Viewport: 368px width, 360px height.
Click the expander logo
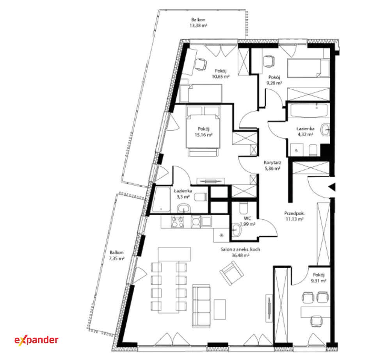36,340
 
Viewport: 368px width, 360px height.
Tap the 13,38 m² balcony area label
198,25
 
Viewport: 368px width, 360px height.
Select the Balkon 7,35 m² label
117,255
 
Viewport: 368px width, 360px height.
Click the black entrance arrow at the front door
332,187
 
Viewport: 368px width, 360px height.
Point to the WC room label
247,218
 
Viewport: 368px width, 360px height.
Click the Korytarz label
272,162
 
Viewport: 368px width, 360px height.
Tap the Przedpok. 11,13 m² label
295,216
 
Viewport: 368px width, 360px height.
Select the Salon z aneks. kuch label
240,250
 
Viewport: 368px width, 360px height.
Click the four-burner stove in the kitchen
178,222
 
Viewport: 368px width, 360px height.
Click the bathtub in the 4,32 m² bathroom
309,110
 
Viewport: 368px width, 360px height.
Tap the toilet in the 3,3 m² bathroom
201,197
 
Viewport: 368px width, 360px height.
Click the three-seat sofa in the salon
201,306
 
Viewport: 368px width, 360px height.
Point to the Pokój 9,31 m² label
318,278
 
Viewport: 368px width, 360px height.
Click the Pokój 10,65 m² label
220,73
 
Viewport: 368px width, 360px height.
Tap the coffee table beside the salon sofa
220,309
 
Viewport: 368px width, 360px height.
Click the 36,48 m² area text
240,255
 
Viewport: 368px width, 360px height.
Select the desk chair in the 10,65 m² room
201,64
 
